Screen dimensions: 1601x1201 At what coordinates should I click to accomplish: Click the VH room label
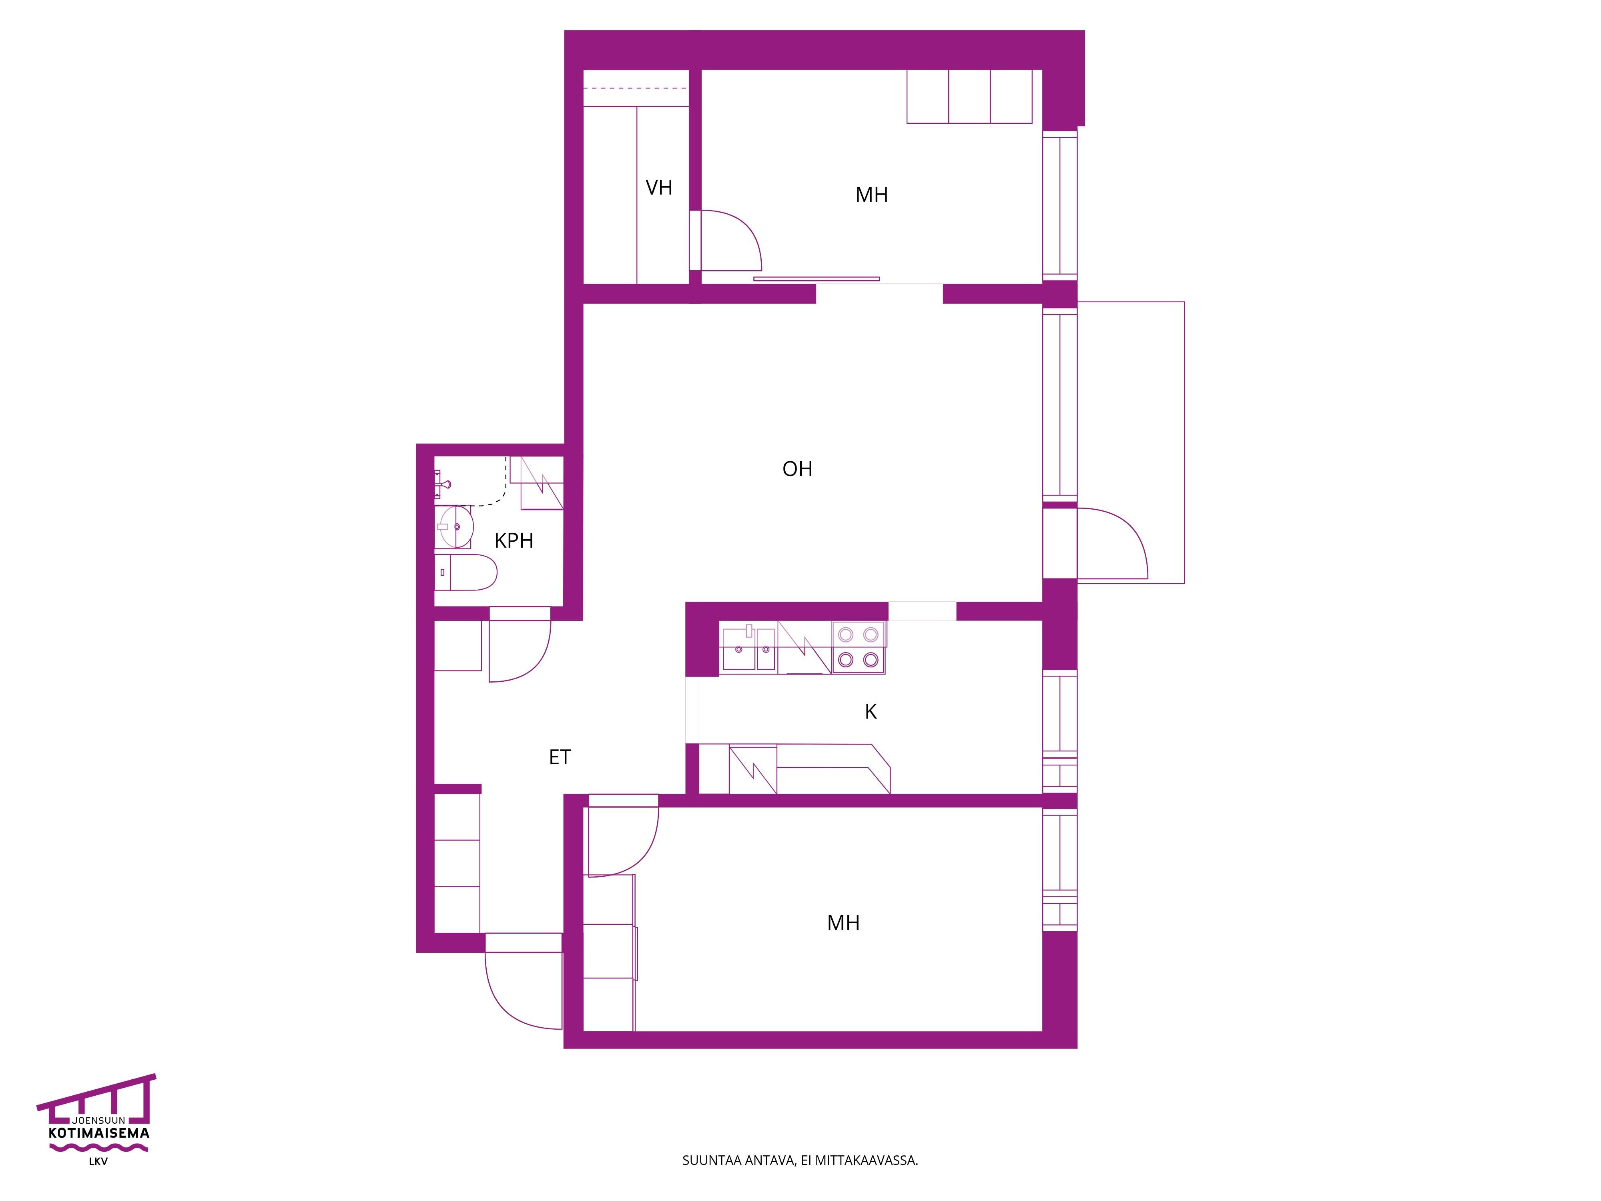[x=659, y=187]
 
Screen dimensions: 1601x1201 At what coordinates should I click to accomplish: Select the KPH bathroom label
[x=514, y=540]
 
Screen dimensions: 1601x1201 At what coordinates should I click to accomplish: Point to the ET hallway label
[x=560, y=757]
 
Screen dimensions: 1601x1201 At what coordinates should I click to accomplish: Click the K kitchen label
[x=871, y=712]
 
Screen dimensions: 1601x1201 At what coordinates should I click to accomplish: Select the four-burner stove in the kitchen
[x=859, y=647]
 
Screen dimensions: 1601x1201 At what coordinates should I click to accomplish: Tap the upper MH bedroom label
[x=871, y=195]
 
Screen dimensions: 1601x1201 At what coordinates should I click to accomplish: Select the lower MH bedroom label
[x=843, y=923]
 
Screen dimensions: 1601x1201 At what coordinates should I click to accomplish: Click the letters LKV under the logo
[x=98, y=1162]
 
